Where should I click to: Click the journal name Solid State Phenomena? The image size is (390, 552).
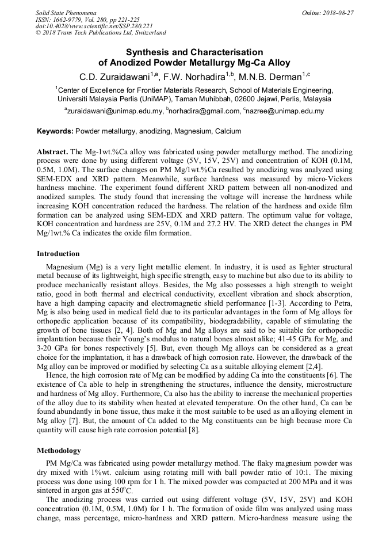pyautogui.click(x=66, y=13)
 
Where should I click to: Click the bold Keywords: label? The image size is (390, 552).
pyautogui.click(x=55, y=132)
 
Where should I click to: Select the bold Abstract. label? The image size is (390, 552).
pyautogui.click(x=53, y=151)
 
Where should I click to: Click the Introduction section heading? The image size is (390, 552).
pyautogui.click(x=58, y=254)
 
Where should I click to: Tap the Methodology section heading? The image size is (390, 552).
pyautogui.click(x=59, y=451)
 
